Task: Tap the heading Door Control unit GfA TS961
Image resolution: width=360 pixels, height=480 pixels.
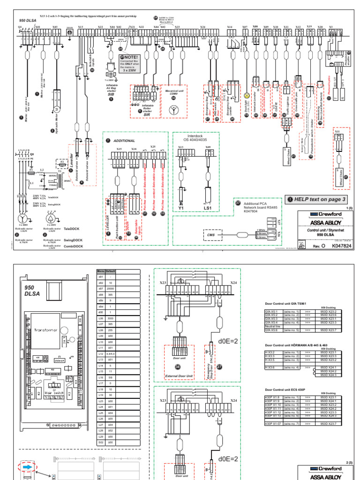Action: coord(284,303)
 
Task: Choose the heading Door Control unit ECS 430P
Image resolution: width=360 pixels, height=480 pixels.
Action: coord(283,390)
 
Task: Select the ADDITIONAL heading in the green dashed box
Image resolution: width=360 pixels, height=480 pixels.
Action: coord(124,140)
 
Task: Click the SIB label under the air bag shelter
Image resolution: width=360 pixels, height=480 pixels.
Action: coord(111,94)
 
